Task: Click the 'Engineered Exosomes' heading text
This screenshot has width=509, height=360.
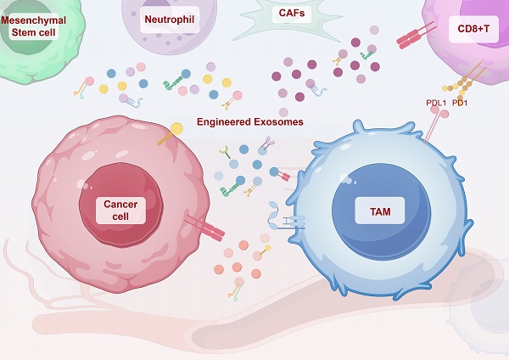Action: pos(250,121)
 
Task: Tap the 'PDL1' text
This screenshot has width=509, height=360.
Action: pos(436,104)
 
